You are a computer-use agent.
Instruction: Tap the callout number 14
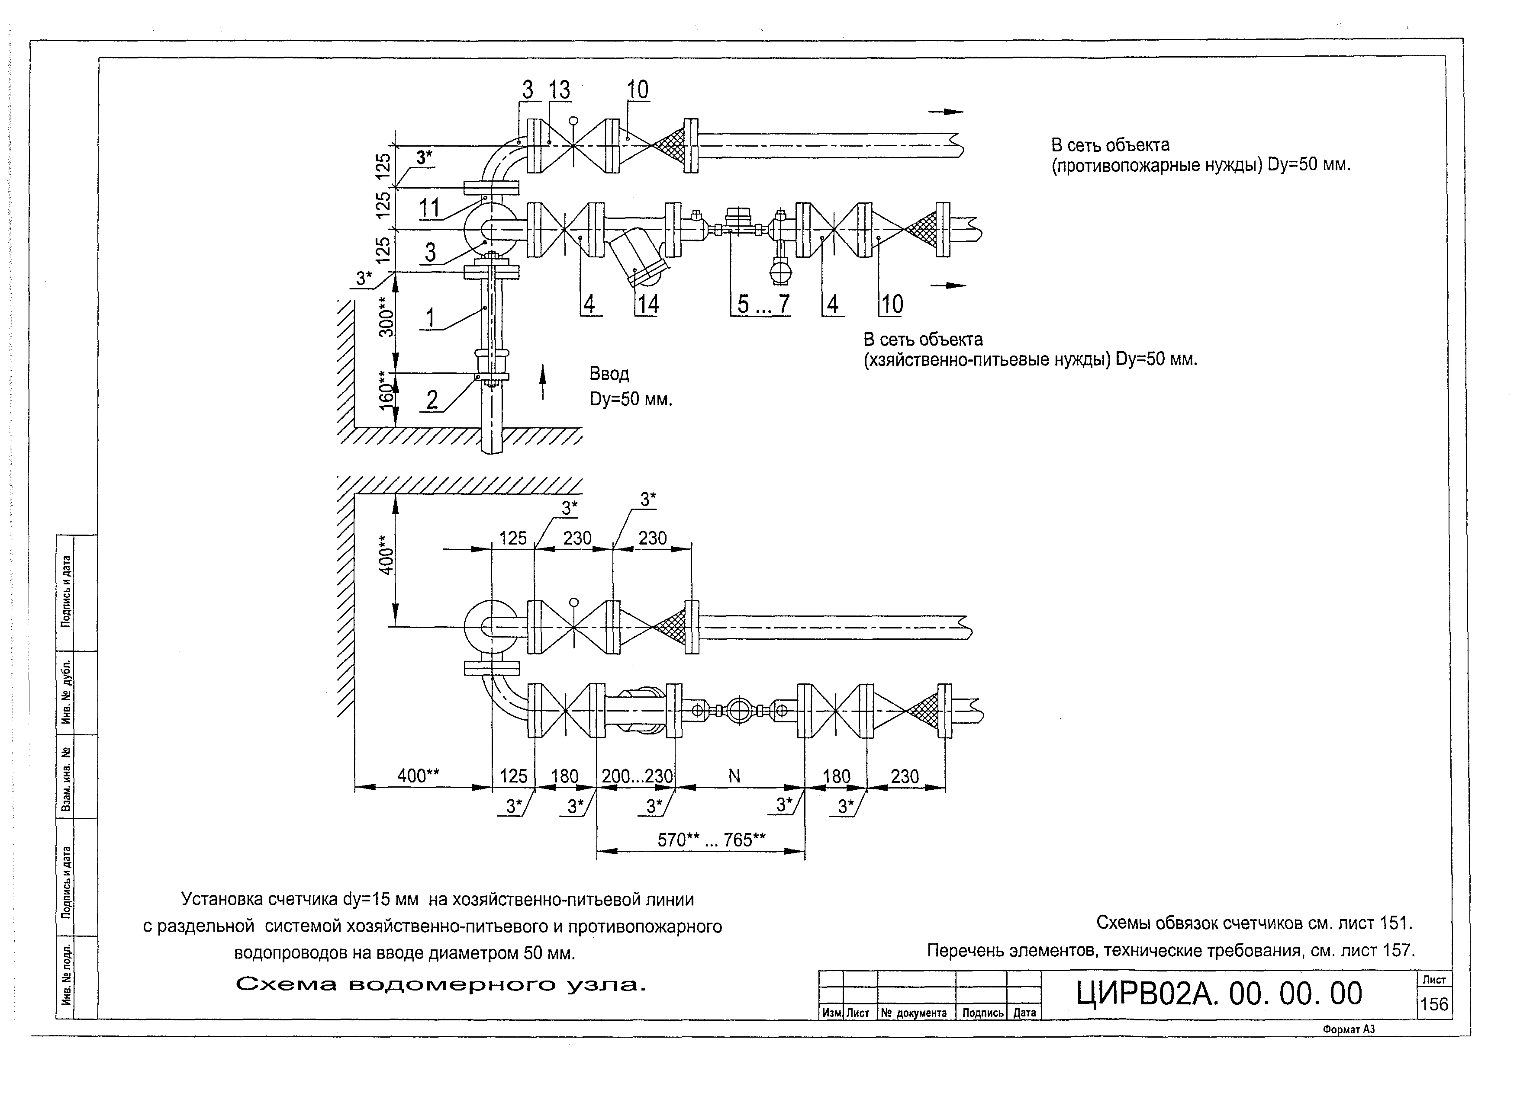tap(647, 304)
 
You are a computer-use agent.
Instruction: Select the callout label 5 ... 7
tap(763, 304)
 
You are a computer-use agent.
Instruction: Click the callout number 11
tap(429, 208)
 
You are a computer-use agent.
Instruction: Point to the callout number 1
tap(430, 317)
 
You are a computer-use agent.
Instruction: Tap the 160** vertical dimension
tap(386, 390)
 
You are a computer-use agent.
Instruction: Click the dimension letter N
tap(734, 776)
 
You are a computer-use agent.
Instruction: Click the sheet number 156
tap(1434, 1004)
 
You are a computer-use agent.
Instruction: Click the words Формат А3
tap(1349, 1029)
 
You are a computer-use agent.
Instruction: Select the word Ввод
tap(609, 374)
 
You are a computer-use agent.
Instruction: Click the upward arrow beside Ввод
tap(543, 382)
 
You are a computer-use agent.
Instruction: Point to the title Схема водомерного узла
tap(441, 984)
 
